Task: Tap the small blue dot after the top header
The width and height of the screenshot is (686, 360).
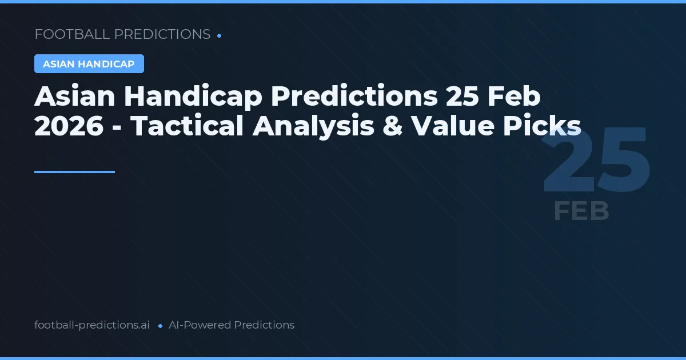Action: tap(220, 35)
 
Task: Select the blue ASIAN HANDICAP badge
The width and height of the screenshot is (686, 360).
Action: tap(89, 64)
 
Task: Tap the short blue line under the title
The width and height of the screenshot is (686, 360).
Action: tap(74, 171)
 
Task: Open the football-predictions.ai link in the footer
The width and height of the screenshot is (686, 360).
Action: tap(92, 325)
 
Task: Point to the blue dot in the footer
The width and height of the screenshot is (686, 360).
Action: tap(160, 326)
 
